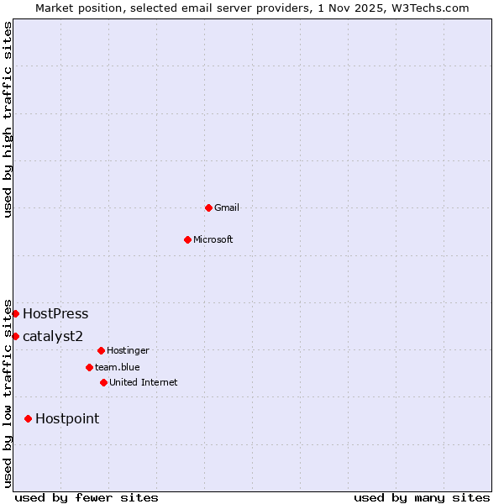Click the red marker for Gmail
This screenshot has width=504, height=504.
[208, 207]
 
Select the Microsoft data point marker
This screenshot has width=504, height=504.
[188, 239]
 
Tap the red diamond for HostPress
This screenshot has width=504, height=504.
[15, 313]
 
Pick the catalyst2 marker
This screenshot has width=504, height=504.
[15, 336]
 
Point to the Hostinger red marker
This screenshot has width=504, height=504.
[101, 350]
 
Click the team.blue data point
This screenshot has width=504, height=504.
[89, 367]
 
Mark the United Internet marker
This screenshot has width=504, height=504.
[103, 382]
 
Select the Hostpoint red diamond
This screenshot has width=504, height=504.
[28, 418]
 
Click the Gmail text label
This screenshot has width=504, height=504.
[227, 207]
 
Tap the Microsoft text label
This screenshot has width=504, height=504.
[213, 239]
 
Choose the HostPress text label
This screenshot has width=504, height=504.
[55, 314]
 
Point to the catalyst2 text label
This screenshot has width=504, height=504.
[53, 337]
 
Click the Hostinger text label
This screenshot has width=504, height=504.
[129, 350]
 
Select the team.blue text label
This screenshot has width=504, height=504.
[118, 367]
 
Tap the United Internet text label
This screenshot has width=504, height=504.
[144, 382]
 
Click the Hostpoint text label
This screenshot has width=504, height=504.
[67, 419]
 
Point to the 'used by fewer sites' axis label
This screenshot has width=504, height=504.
[87, 498]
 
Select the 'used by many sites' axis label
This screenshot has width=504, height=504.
[422, 498]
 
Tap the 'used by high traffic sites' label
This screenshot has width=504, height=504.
[8, 119]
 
